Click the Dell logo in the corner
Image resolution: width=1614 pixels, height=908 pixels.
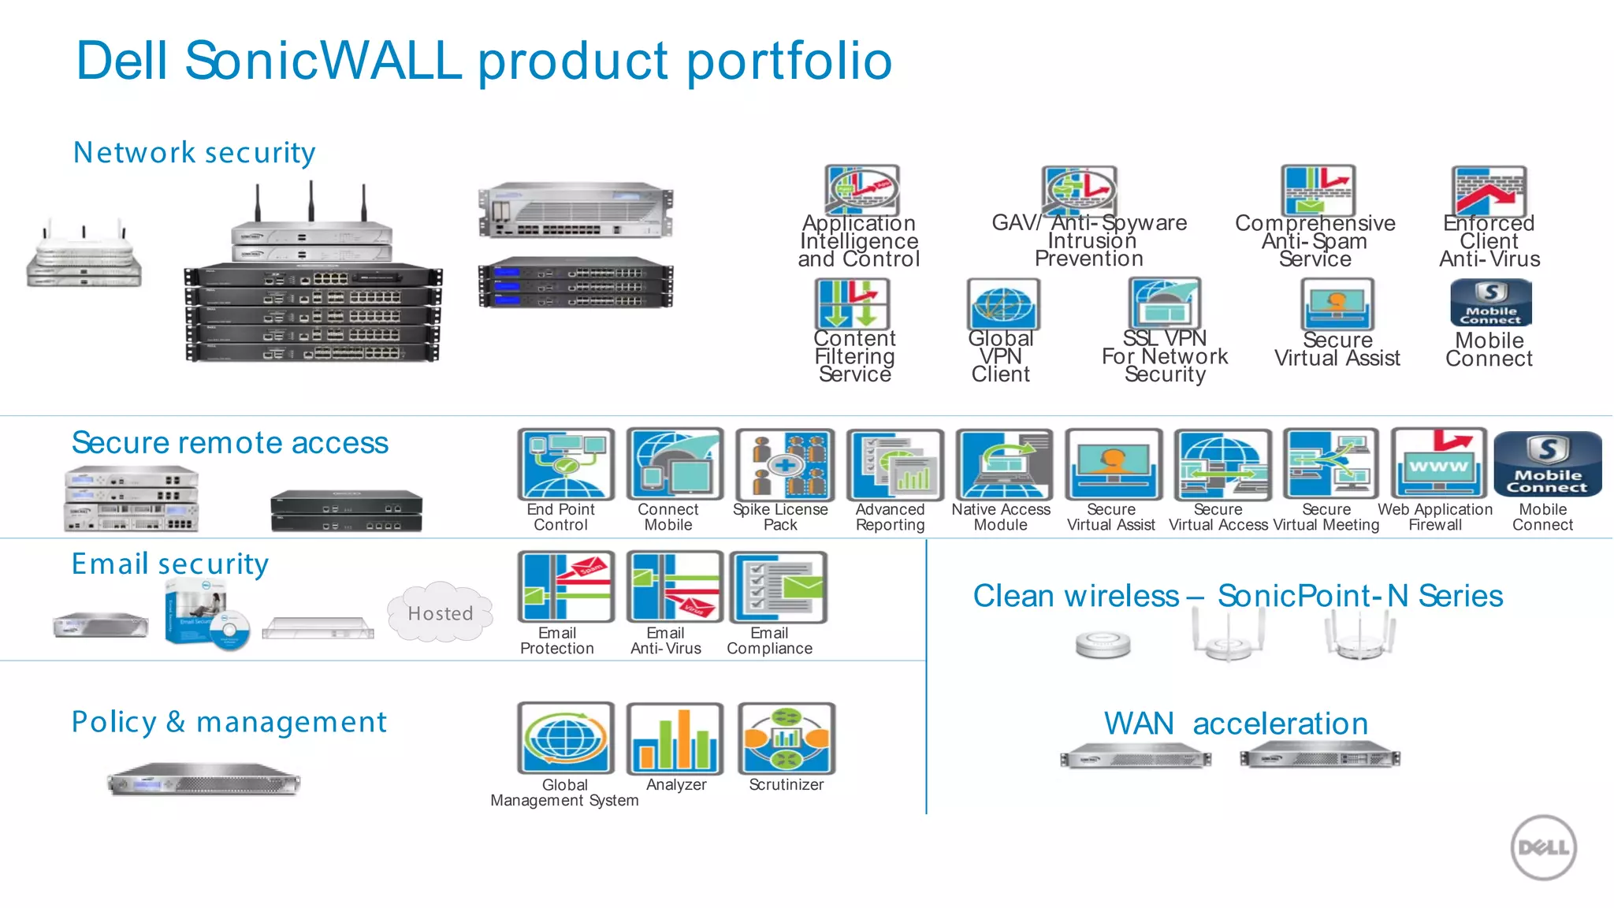point(1543,847)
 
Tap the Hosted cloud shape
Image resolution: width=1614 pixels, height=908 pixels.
point(440,612)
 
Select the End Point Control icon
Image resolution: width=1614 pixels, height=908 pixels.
point(565,464)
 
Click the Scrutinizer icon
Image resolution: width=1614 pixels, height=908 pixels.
point(786,739)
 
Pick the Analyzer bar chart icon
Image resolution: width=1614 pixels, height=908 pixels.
point(675,739)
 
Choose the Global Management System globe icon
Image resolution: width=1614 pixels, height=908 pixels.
point(565,739)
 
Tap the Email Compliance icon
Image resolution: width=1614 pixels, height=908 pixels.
point(779,587)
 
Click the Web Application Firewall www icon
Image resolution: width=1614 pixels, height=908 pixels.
point(1438,464)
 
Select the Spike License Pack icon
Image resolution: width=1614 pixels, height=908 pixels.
point(783,464)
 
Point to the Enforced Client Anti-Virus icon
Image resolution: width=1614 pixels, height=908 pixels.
point(1489,191)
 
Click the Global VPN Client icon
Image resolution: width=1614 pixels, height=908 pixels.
point(1002,304)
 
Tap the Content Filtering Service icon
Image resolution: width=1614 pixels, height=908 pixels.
point(851,304)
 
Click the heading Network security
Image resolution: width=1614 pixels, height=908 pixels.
point(194,152)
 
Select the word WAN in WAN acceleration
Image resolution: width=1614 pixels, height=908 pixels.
point(1138,724)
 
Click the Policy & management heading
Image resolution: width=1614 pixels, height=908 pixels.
point(229,722)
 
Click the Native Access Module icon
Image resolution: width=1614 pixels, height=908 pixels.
point(1003,464)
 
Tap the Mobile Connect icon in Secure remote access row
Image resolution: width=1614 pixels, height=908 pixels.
point(1547,464)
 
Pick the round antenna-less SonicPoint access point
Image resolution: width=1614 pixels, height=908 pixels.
point(1103,645)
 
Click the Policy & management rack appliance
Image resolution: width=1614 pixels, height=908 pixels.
point(203,780)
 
